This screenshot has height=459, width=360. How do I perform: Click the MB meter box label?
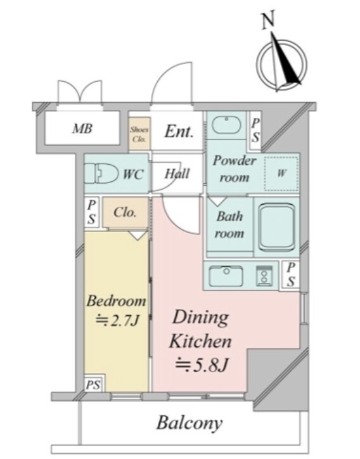82,129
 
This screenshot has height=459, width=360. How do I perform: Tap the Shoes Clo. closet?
139,134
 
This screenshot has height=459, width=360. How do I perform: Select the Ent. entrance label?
179,131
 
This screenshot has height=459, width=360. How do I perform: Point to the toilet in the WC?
101,174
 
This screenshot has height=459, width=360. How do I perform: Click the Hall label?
177,174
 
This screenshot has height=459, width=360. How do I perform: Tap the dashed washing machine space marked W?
281,174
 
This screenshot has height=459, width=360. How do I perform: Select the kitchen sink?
226,276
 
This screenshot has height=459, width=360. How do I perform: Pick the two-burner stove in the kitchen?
264,276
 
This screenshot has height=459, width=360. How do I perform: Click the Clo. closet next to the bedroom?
125,212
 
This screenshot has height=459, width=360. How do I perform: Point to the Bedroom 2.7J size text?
117,321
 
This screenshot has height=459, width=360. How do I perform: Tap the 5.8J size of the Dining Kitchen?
201,365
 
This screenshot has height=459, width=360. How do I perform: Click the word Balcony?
190,423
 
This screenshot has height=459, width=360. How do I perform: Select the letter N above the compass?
268,20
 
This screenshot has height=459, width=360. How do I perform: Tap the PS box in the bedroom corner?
93,384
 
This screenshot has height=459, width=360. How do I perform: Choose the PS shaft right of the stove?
290,275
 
